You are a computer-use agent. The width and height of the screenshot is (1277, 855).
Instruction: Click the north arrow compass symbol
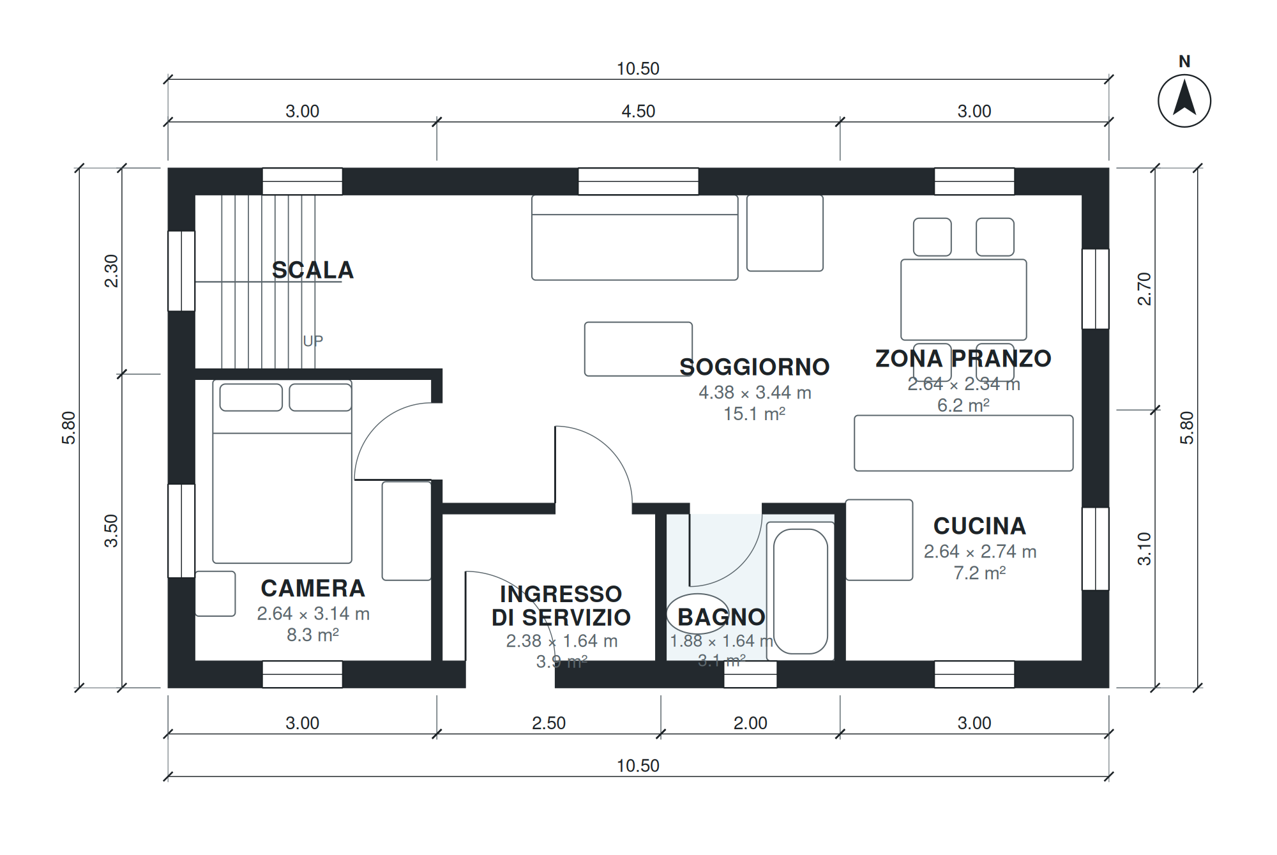tap(1184, 101)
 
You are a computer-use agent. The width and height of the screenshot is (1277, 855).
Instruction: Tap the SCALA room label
tap(313, 270)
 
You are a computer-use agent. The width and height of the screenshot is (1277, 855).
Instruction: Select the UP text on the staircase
tap(313, 341)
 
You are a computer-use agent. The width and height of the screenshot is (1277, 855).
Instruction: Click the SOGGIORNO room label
tap(755, 367)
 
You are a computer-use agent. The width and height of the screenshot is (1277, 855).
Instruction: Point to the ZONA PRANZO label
tap(963, 358)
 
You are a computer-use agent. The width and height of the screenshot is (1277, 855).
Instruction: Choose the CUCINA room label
tap(980, 526)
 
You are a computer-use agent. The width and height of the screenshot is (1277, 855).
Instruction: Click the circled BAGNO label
tap(722, 617)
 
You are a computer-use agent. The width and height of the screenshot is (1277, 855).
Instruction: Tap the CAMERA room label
tap(313, 588)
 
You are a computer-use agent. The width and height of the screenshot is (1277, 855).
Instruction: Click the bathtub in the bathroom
tap(801, 591)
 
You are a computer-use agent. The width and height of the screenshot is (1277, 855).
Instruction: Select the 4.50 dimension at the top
tap(638, 111)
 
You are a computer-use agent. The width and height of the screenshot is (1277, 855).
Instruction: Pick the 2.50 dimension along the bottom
tap(549, 723)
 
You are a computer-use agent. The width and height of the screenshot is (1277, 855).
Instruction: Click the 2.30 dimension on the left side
tap(111, 271)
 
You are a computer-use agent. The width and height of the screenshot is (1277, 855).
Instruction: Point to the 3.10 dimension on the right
tap(1144, 549)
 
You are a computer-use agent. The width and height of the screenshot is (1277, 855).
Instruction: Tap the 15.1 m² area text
tap(755, 414)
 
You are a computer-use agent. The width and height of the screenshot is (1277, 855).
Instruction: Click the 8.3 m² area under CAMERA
tap(313, 635)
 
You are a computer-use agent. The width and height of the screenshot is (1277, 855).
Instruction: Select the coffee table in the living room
tap(638, 349)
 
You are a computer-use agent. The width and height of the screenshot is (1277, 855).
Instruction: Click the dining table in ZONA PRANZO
tap(963, 299)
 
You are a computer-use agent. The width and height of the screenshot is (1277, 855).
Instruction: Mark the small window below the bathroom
tap(750, 674)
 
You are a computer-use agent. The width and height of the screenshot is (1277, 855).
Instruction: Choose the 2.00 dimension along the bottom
tap(750, 723)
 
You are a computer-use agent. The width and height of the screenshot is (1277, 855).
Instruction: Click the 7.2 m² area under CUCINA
tap(980, 573)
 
